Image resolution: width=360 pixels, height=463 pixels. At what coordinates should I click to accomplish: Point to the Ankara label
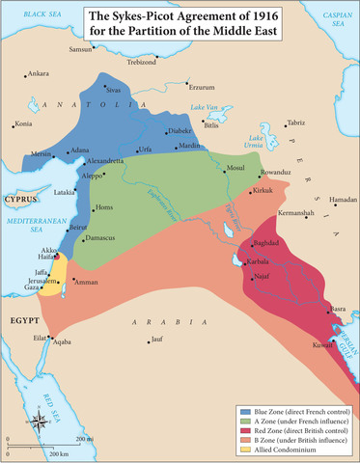click(x=39, y=73)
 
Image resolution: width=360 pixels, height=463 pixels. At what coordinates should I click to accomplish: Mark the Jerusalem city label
click(x=42, y=280)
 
